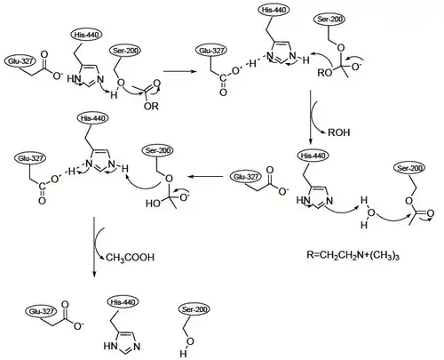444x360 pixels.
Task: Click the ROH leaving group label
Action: pos(339,132)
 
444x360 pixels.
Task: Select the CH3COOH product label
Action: pos(130,258)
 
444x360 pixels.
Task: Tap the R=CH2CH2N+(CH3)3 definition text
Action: pos(353,255)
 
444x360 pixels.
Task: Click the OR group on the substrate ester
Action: pos(151,106)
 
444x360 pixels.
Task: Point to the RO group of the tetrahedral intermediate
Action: pos(324,73)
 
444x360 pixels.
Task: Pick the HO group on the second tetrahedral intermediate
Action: pos(154,204)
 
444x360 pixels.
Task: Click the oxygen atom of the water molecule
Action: pos(371,212)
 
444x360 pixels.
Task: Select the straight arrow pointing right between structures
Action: pos(180,71)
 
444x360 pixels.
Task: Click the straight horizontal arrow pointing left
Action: pos(205,177)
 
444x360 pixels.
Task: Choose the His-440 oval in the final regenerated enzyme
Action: pos(123,302)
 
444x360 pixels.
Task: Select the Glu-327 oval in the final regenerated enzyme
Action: pos(41,311)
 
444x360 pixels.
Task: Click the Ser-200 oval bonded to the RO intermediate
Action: pos(329,20)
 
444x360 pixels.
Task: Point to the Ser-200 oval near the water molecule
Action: pos(409,168)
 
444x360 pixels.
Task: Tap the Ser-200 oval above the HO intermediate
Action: pos(158,150)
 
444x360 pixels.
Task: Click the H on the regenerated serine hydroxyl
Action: pos(183,354)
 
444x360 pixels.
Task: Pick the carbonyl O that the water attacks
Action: pos(431,213)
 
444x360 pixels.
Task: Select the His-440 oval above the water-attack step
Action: pos(313,156)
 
